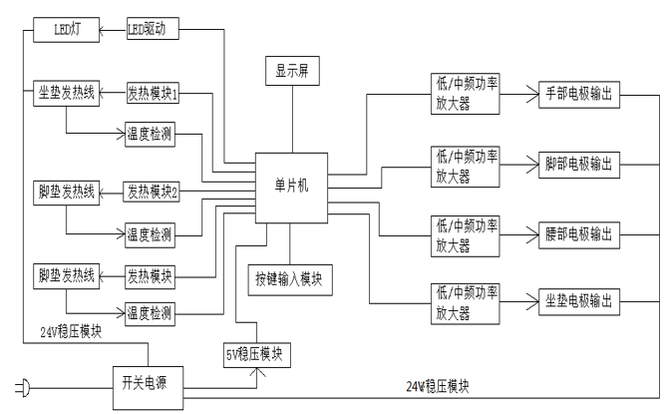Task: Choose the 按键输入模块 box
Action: tap(289, 277)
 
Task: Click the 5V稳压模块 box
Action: tap(256, 351)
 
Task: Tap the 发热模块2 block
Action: tap(153, 190)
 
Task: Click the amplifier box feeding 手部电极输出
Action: tap(464, 94)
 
